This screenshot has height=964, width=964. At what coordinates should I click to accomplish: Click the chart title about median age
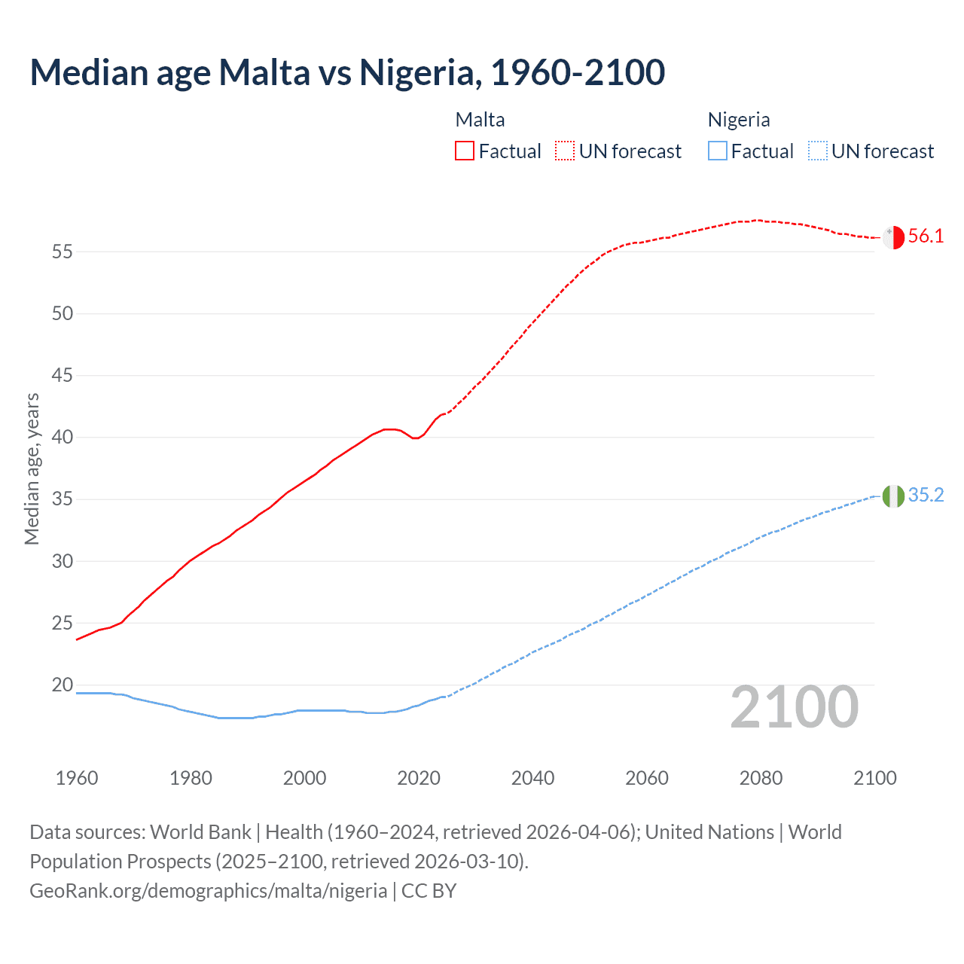(347, 72)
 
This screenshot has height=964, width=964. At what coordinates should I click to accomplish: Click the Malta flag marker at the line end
(893, 236)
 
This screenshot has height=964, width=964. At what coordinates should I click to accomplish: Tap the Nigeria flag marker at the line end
(893, 496)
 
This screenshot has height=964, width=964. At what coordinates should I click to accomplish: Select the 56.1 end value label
(926, 236)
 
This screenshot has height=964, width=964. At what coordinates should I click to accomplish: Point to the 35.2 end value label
(926, 496)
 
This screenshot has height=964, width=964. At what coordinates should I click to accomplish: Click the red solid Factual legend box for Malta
(465, 151)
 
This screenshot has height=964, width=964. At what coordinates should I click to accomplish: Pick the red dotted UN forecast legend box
(565, 151)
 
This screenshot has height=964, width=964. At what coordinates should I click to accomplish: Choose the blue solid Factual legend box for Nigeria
(717, 151)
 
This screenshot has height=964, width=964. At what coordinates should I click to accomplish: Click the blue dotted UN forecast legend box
(817, 151)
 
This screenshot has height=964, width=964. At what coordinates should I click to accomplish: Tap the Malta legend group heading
(480, 120)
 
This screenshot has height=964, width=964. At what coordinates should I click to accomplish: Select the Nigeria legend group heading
(738, 120)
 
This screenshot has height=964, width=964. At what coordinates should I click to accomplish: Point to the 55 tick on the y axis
(63, 252)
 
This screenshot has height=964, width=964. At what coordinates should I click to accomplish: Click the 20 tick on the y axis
(63, 685)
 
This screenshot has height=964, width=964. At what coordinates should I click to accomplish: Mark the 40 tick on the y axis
(63, 438)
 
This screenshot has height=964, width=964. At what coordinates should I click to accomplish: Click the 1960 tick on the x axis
(77, 778)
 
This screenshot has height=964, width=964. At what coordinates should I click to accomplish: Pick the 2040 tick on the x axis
(532, 778)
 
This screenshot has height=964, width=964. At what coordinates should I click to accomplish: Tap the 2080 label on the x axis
(761, 778)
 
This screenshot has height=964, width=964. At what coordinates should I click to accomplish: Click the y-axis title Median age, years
(32, 468)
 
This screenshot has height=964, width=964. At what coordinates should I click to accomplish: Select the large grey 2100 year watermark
(794, 707)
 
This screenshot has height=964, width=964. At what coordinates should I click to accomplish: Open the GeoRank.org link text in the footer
(208, 891)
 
